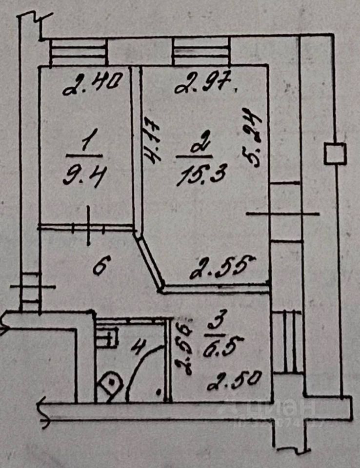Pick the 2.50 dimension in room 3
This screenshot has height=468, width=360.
click(x=234, y=380)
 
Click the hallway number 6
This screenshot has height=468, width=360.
click(x=100, y=267)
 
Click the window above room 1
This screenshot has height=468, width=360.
click(x=78, y=53)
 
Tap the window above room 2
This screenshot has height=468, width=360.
click(x=201, y=53)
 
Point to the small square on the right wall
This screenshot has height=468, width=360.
click(x=335, y=154)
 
